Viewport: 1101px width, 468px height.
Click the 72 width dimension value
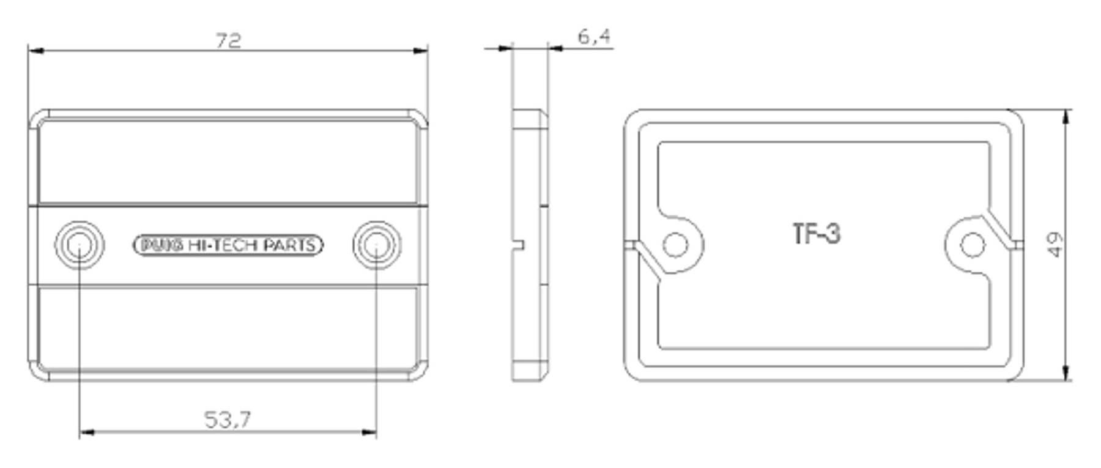(229, 40)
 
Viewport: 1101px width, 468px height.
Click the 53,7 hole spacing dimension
(227, 420)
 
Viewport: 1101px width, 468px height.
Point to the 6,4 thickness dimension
(594, 37)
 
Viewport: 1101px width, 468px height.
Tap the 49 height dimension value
(1055, 245)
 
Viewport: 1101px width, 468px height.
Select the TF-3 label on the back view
(817, 234)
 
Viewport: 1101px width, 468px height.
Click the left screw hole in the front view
(79, 245)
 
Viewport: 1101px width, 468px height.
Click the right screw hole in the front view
(377, 245)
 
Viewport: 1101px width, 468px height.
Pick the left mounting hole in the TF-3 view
(675, 245)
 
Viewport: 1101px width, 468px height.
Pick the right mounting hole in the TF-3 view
(973, 245)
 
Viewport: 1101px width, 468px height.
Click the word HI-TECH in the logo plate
(223, 245)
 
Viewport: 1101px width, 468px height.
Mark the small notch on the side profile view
(518, 245)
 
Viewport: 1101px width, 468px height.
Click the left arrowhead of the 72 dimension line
(36, 51)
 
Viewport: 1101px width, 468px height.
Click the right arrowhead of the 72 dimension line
(420, 51)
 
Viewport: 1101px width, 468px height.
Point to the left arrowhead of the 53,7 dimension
(87, 433)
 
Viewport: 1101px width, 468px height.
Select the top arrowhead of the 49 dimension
(1066, 117)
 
